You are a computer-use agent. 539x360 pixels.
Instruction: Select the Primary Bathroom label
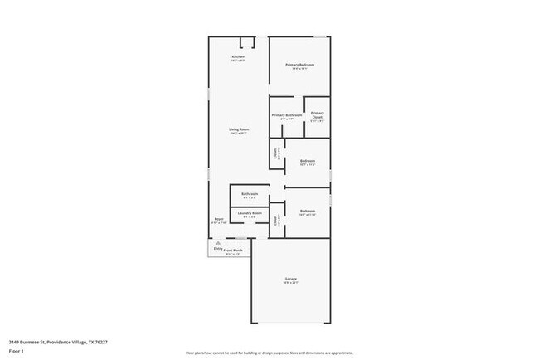point(286,115)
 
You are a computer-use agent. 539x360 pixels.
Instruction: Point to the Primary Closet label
point(317,117)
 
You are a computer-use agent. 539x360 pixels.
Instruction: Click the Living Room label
point(239,130)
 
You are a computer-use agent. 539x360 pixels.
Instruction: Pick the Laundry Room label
point(250,213)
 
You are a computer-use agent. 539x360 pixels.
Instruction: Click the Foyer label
point(219,220)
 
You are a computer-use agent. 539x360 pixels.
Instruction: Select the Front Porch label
point(233,250)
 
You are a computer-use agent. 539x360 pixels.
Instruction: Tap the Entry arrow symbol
point(218,243)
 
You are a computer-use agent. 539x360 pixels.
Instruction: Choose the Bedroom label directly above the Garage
point(308,212)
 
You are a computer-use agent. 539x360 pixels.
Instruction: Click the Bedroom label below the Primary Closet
point(308,162)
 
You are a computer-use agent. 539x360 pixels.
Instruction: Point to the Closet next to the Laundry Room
point(276,221)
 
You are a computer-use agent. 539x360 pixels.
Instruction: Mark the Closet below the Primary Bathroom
point(276,153)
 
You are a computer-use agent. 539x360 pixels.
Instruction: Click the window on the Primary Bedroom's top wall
point(320,36)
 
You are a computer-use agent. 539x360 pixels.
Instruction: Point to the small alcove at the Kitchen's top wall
point(247,42)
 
